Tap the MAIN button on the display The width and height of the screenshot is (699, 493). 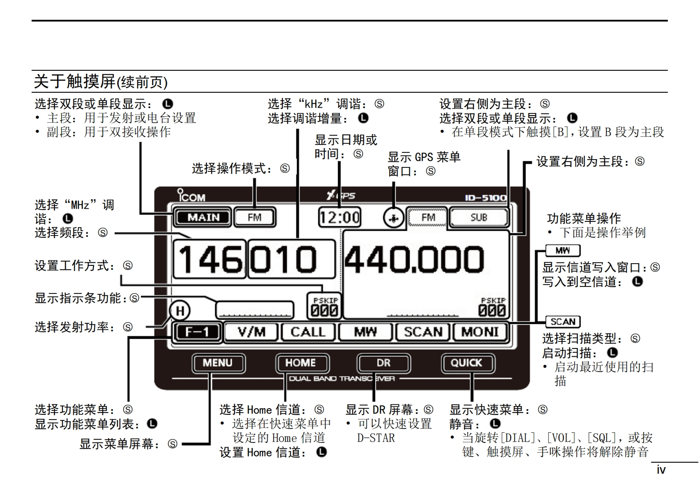(x=203, y=217)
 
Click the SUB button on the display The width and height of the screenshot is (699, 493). (x=479, y=217)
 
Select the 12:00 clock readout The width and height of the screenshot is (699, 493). (x=339, y=217)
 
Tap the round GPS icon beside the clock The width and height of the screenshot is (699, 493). (x=393, y=217)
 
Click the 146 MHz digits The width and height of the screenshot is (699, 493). (x=209, y=259)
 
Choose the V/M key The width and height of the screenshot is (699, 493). (x=251, y=332)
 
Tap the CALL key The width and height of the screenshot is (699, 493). (x=308, y=332)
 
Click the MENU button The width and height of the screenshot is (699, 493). (x=218, y=363)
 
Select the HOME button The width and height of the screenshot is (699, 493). (x=301, y=363)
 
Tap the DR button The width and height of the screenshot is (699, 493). (x=383, y=363)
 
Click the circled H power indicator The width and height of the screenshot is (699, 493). (x=180, y=311)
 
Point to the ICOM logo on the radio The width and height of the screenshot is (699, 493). (x=191, y=196)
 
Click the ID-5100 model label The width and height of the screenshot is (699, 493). (x=486, y=198)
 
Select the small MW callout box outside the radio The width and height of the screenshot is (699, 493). (x=562, y=250)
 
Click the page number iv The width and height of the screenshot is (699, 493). (x=661, y=470)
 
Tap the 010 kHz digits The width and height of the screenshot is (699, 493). (x=291, y=259)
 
